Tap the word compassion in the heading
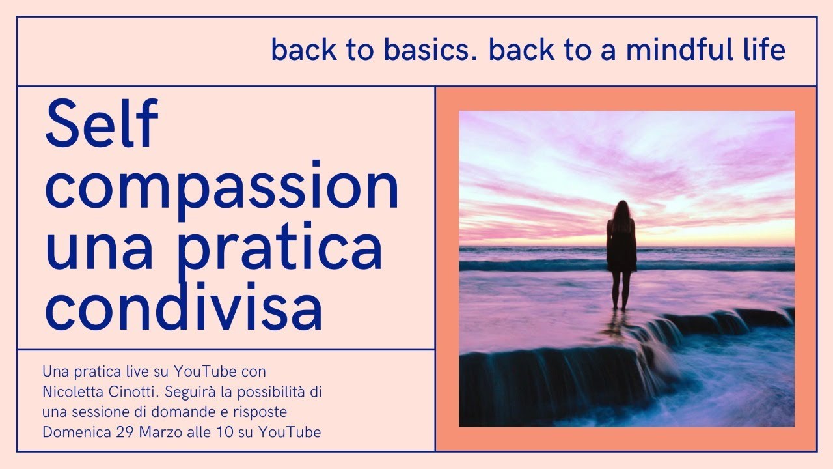tap(221, 187)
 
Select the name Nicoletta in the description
tap(71, 393)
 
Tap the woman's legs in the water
tap(621, 290)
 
